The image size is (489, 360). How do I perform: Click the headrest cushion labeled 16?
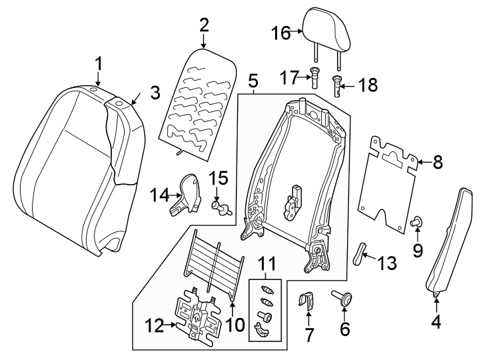324,30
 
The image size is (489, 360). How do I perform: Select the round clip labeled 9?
417,221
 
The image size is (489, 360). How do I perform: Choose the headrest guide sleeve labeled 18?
338,85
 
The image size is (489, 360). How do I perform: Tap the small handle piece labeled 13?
360,253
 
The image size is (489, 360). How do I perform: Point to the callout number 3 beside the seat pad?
154,91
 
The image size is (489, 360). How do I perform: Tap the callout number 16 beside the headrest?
280,31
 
